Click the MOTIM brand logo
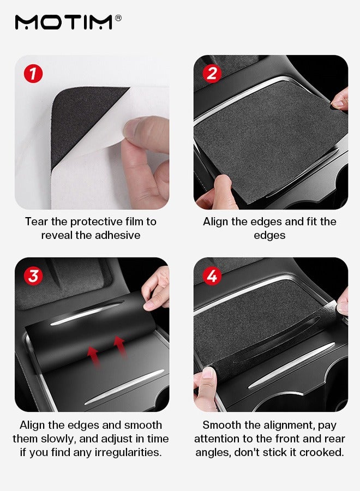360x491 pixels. [64, 22]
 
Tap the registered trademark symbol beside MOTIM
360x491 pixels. [118, 18]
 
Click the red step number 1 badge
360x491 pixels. [33, 74]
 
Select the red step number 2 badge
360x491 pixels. [212, 74]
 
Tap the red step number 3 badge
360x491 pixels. [33, 276]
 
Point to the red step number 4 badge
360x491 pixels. [212, 276]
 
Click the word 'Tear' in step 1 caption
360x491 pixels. [37, 221]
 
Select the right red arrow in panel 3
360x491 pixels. [120, 346]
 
